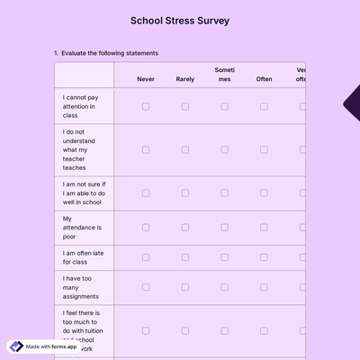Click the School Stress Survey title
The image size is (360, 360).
pos(180,20)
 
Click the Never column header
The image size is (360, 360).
pos(146,79)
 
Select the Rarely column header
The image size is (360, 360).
pos(185,79)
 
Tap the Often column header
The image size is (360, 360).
pos(264,79)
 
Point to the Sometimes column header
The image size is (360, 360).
pos(225,75)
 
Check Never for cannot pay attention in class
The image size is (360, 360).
pos(146,106)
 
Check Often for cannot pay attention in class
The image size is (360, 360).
pos(264,106)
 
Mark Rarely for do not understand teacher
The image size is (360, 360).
pos(185,149)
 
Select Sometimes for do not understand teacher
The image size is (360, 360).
pos(225,149)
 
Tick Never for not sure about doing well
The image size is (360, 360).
pos(146,193)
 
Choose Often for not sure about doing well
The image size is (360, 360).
pos(264,193)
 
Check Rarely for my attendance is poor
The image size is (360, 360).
pos(185,228)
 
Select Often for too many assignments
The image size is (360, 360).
pos(264,288)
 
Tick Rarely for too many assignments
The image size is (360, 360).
pos(185,288)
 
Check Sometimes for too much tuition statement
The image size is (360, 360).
pos(225,331)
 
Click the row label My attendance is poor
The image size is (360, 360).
pos(82,228)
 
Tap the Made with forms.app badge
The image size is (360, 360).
pos(43,346)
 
